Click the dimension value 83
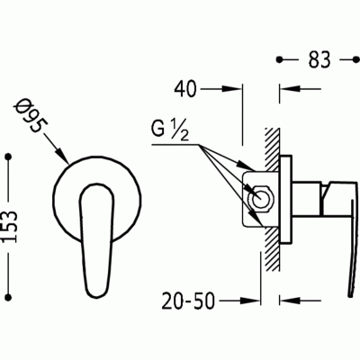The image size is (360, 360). [x=319, y=60]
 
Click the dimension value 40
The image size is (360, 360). [x=185, y=89]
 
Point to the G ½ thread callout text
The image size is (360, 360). [x=170, y=130]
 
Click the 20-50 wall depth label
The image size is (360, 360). [x=189, y=301]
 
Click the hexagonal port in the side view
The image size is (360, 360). [x=261, y=199]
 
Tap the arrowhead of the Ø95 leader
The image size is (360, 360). [x=64, y=157]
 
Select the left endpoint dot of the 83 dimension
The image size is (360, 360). [x=280, y=60]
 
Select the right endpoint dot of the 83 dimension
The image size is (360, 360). [x=355, y=60]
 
